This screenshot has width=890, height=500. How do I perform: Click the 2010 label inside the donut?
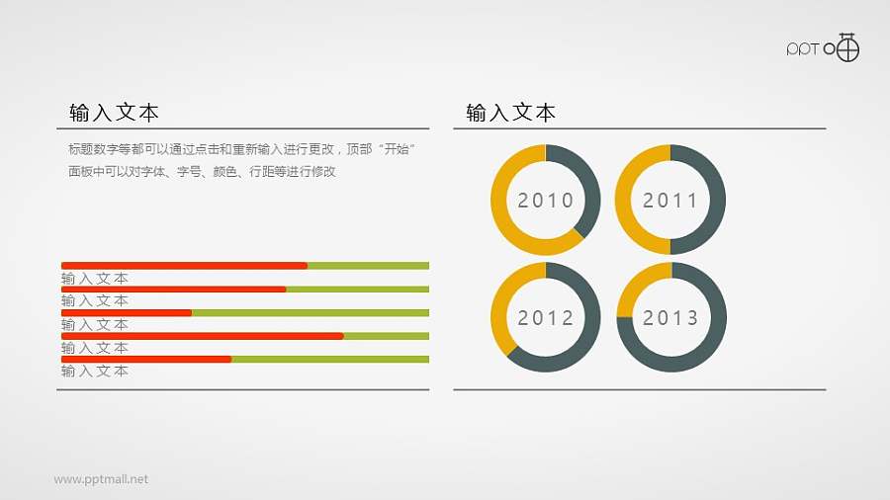[545, 201]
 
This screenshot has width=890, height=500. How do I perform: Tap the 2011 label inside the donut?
[670, 201]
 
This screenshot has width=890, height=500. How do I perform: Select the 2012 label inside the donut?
[545, 318]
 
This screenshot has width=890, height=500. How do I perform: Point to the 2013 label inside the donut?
[670, 318]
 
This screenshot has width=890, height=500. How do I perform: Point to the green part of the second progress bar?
[357, 290]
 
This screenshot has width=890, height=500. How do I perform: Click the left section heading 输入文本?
[114, 113]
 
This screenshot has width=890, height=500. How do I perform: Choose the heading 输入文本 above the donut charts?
[510, 113]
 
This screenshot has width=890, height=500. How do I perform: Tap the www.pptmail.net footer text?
[101, 479]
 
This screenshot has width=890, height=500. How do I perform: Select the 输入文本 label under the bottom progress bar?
[95, 372]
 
